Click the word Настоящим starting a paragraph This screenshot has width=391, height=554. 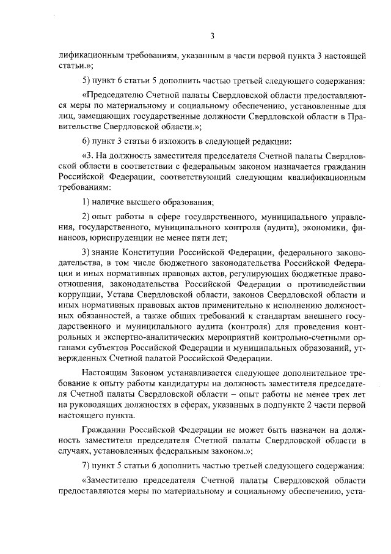point(107,373)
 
